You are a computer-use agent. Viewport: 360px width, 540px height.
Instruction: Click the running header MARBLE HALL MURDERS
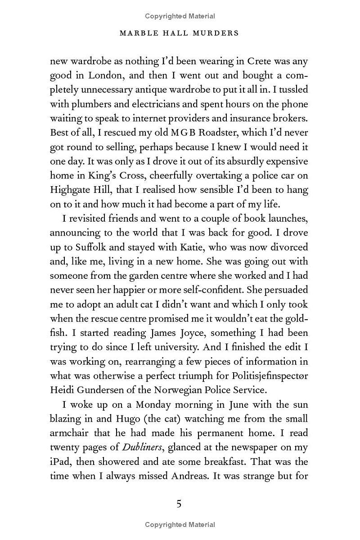[180, 33]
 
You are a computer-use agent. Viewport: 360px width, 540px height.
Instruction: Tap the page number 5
[179, 504]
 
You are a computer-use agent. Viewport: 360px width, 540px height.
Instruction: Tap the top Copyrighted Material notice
[180, 16]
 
